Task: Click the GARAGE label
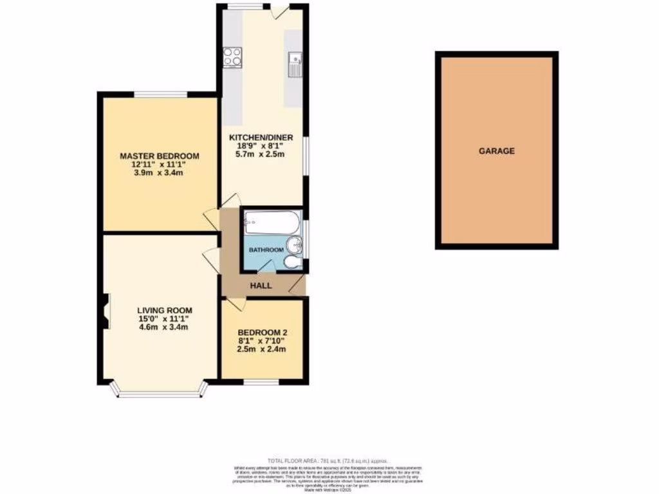point(496,151)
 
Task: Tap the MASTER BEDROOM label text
point(159,156)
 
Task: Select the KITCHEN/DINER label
point(261,137)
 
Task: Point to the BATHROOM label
point(266,250)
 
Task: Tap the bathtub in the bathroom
point(270,223)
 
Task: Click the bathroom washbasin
point(293,245)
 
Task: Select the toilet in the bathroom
point(290,262)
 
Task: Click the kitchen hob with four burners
point(232,57)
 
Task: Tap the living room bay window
point(159,392)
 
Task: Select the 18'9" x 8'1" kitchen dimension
point(261,145)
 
